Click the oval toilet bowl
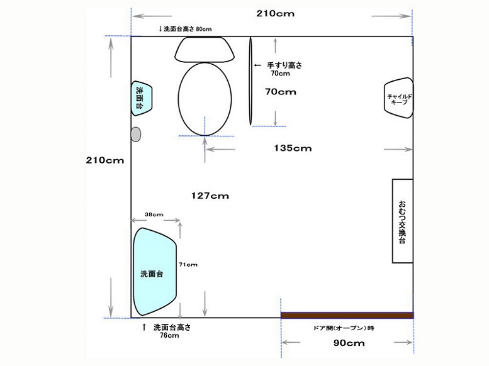coord(205,99)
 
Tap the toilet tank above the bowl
coord(205,49)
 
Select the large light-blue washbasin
coord(155,272)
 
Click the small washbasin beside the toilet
coord(141,98)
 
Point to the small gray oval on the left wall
coord(136,135)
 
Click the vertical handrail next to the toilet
coord(250,81)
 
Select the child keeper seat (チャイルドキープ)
coord(398,98)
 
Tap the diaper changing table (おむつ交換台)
coord(403,221)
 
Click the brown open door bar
coord(347,315)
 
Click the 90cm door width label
coord(349,343)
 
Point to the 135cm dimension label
coord(293,148)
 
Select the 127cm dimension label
coord(210,196)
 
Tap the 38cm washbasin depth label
coord(154,214)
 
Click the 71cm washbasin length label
coord(188,265)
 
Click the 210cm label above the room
coord(276,13)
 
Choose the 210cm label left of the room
coord(104,160)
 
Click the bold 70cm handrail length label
coord(280,92)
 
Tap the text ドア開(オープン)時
coord(344,328)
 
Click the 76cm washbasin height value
coord(169,335)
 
